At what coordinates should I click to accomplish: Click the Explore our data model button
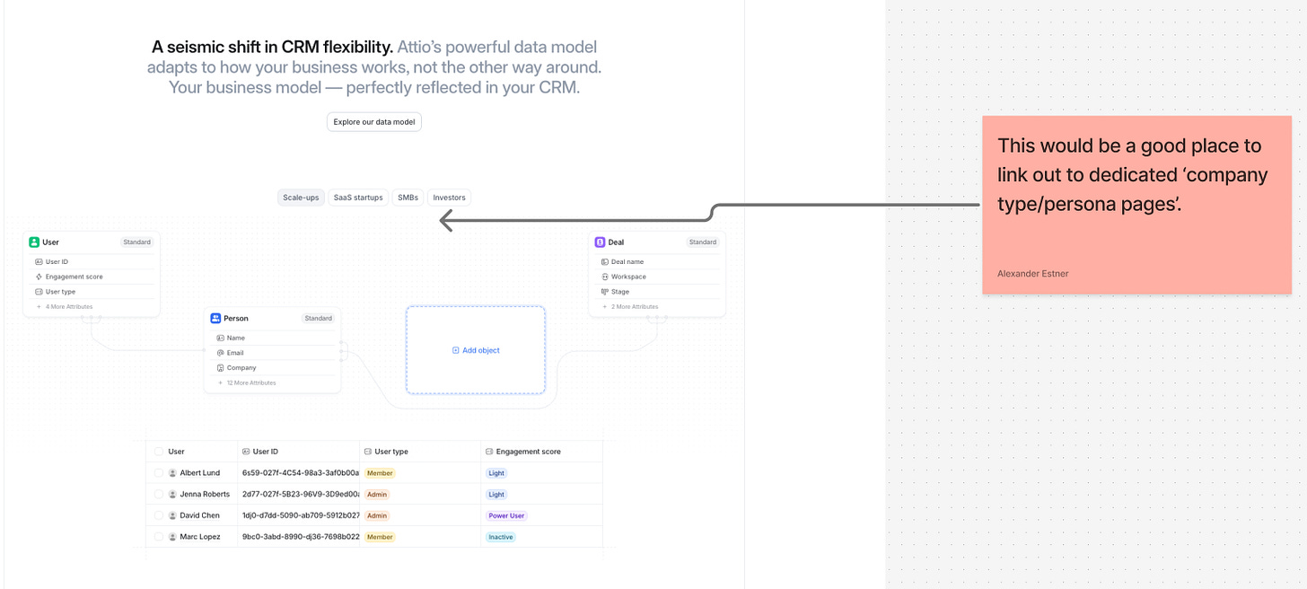coord(373,122)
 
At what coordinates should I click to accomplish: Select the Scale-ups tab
coord(301,198)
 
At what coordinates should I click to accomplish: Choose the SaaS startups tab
coord(358,198)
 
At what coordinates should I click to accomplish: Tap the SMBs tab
coord(408,198)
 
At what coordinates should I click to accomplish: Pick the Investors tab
coord(449,198)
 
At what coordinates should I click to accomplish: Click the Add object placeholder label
coord(476,350)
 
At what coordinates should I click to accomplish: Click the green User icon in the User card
coord(34,242)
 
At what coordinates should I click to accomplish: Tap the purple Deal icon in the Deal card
coord(600,242)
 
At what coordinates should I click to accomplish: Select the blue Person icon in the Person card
coord(215,319)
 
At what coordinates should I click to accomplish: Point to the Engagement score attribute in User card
coord(74,277)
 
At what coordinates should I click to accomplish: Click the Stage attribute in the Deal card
coord(619,292)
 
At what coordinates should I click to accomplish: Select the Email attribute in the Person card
coord(235,353)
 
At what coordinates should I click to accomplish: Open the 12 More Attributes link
coord(250,383)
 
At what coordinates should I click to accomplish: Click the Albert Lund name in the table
coord(199,473)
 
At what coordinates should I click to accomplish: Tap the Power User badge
coord(506,516)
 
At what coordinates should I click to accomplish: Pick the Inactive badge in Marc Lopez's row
coord(500,537)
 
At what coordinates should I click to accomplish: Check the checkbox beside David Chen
coord(158,516)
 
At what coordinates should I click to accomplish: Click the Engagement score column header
coord(528,452)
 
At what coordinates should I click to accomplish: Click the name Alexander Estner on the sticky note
coord(1032,274)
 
